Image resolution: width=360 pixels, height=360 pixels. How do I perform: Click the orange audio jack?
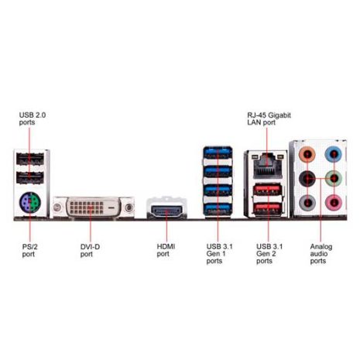click(307, 154)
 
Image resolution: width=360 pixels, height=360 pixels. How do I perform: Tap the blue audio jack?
click(334, 154)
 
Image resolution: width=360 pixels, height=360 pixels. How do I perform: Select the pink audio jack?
click(334, 202)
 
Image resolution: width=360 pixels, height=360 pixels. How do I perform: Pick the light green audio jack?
click(334, 178)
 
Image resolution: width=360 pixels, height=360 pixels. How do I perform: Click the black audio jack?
click(307, 178)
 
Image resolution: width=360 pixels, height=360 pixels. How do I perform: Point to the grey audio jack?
click(307, 202)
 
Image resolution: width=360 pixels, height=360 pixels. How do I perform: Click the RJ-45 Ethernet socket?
click(267, 166)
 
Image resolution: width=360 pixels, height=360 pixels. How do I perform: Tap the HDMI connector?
click(166, 211)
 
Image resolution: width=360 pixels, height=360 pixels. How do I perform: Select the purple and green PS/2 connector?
click(30, 202)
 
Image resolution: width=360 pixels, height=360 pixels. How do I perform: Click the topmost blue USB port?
click(218, 153)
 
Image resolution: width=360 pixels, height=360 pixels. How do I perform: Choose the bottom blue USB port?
click(218, 209)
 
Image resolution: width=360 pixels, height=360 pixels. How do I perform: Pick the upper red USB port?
click(267, 190)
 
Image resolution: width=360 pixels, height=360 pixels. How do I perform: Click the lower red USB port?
click(267, 208)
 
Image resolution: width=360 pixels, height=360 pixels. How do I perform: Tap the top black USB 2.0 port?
click(30, 159)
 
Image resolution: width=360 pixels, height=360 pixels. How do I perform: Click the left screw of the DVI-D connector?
click(57, 207)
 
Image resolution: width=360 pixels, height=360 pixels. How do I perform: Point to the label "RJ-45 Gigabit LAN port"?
click(269, 118)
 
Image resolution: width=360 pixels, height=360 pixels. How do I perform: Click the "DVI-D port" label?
click(90, 250)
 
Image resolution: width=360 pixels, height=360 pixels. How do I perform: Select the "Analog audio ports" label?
click(321, 254)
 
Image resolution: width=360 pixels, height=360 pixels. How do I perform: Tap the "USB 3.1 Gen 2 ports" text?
click(269, 254)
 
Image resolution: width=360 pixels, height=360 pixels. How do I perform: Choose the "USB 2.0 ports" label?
click(33, 118)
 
